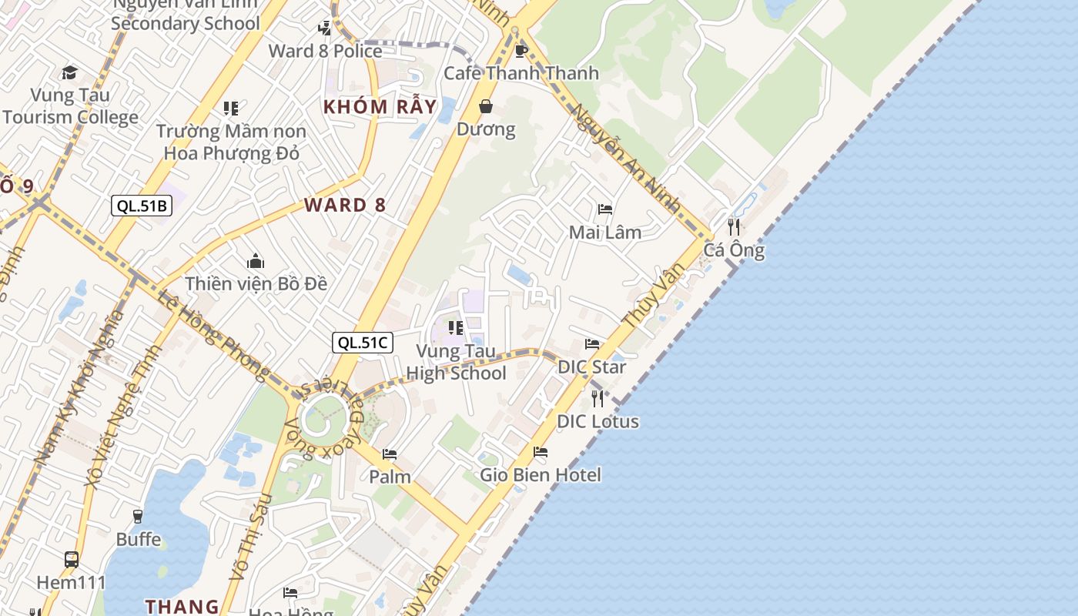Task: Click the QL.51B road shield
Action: [142, 206]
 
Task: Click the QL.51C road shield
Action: [363, 343]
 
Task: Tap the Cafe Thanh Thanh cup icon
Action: [521, 51]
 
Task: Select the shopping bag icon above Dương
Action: [486, 106]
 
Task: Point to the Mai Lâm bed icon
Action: [605, 209]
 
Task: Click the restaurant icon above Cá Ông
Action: [734, 227]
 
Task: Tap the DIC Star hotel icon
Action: [591, 344]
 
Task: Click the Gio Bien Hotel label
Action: [541, 475]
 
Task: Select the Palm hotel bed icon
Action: [390, 454]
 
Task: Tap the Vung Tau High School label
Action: [456, 362]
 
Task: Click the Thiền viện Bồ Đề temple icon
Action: [256, 262]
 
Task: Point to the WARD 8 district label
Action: [345, 205]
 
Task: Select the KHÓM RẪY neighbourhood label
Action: [380, 106]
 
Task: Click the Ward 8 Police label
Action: [325, 51]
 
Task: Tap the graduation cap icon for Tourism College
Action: [70, 73]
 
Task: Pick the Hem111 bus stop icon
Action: [71, 560]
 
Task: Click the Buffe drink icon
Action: [139, 517]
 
